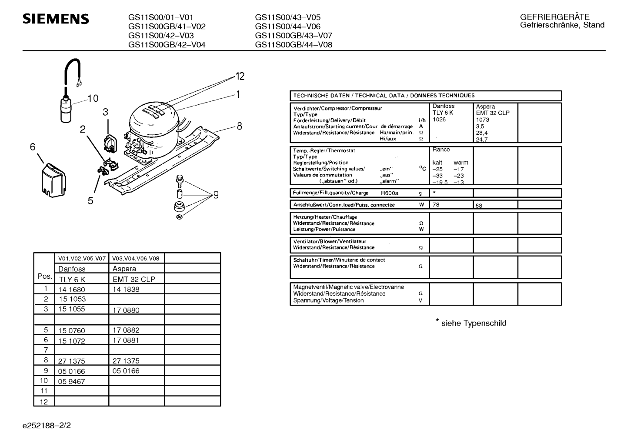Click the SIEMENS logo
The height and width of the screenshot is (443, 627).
[x=56, y=19]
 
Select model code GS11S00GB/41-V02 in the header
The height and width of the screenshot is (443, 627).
[x=167, y=27]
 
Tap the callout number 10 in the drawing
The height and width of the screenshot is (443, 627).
[x=93, y=99]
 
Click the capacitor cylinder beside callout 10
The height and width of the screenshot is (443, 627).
[x=66, y=109]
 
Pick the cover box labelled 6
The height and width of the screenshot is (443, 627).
[x=51, y=180]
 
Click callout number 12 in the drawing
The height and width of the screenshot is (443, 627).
[x=240, y=77]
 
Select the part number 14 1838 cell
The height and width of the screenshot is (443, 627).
[x=126, y=290]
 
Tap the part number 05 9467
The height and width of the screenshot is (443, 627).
[x=71, y=382]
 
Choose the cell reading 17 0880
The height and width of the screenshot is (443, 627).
[x=126, y=310]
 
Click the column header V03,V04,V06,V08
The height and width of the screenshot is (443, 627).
[x=136, y=258]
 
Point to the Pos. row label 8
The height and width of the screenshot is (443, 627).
[x=45, y=360]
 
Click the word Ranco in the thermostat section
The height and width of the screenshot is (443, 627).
[x=441, y=150]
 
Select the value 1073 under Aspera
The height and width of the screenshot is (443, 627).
[x=482, y=120]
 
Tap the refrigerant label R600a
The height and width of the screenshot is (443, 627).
[x=390, y=193]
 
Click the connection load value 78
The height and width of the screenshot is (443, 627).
[x=436, y=204]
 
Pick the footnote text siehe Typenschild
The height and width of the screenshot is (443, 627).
[x=474, y=323]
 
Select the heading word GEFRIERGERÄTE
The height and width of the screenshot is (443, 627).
[x=554, y=17]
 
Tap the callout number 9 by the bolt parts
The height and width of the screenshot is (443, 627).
[x=215, y=195]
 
